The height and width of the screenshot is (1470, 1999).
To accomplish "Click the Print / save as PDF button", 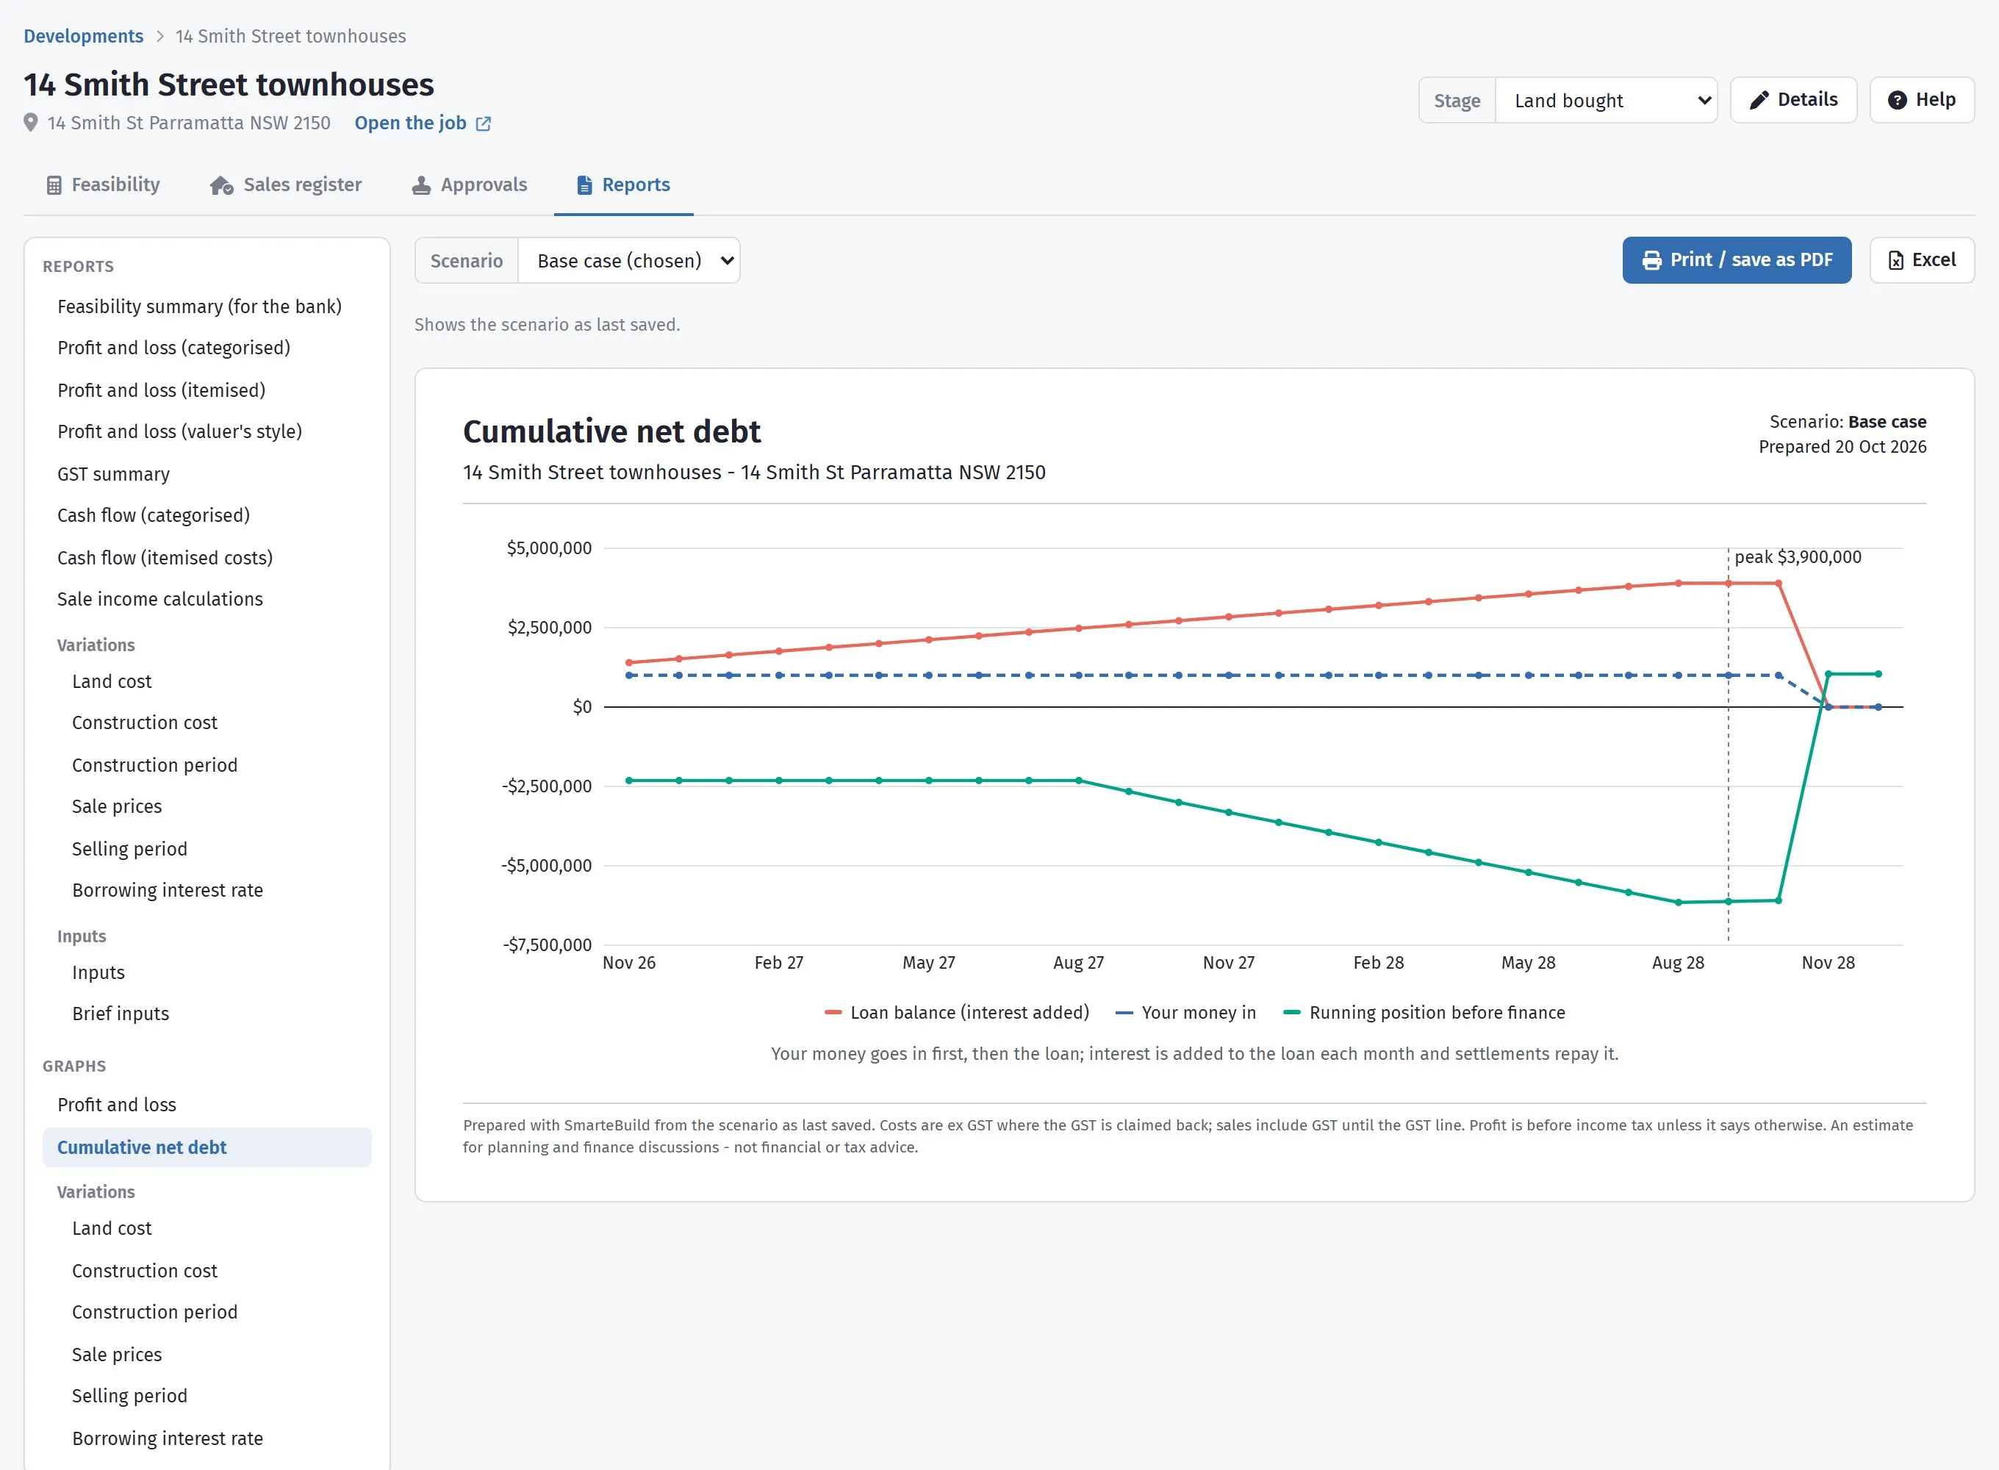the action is (1736, 260).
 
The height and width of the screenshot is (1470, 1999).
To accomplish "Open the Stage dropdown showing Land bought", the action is (1606, 101).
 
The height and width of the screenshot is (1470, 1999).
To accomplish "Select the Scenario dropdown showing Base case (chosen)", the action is (629, 261).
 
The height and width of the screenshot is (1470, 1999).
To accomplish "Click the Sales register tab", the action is (286, 184).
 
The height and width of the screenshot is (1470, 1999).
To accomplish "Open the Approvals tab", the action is (470, 184).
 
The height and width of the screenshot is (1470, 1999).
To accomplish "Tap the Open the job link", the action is (423, 123).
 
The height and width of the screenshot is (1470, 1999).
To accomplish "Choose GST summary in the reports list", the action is (114, 474).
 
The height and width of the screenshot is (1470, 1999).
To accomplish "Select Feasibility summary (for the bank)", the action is (199, 306).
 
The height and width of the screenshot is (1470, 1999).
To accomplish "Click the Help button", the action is (1922, 100).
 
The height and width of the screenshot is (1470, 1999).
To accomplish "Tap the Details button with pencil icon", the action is (1792, 100).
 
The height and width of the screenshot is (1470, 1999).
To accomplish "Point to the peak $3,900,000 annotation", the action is (1798, 557).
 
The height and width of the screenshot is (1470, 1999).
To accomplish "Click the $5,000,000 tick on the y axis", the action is (549, 548).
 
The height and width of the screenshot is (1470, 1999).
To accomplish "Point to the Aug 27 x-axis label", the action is (1078, 963).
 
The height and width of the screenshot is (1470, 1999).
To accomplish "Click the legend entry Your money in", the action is (1186, 1013).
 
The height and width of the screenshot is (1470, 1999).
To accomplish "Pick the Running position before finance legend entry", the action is (1424, 1013).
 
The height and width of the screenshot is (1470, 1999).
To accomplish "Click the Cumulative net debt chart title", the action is (612, 431).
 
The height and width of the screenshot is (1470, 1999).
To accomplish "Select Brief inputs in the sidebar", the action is (121, 1014).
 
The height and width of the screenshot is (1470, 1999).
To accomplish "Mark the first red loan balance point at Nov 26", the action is (629, 662).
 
